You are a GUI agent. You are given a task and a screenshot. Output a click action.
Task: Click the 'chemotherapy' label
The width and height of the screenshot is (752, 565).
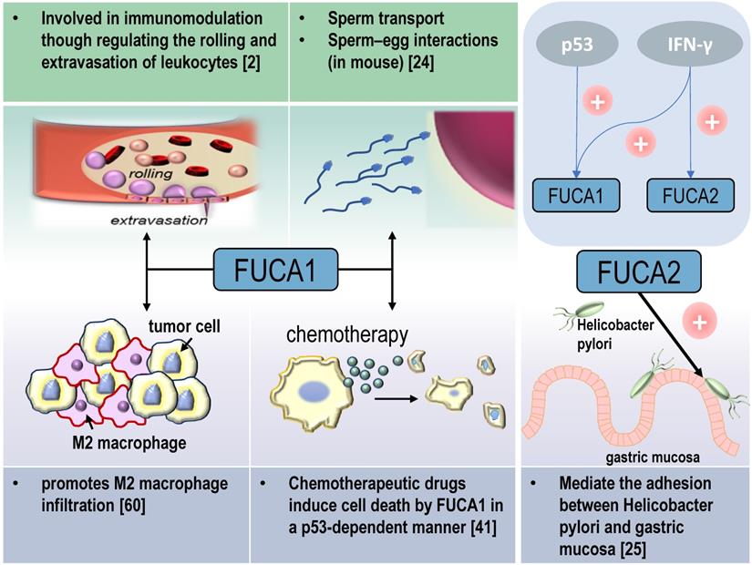tap(347, 335)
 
